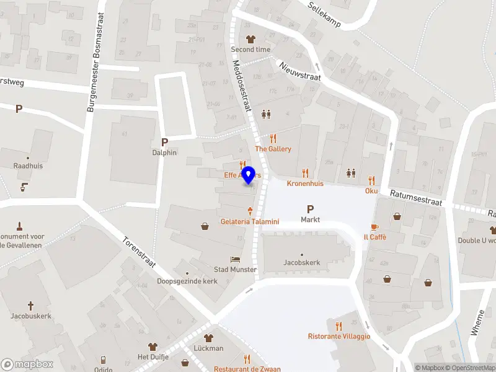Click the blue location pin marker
point(249,175)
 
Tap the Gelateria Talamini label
point(250,221)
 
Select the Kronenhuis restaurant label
point(305,184)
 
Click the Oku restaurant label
point(371,190)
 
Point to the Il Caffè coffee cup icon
point(374,227)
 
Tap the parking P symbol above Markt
point(310,209)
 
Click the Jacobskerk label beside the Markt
point(302,263)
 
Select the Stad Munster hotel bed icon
point(234,259)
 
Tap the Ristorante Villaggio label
point(339,336)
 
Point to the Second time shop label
point(250,50)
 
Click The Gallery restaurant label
point(273,149)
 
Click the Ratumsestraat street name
point(415,198)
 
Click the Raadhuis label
point(28,166)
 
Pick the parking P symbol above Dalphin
point(164,142)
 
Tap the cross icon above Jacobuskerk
point(30,306)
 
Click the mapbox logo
point(27,365)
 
